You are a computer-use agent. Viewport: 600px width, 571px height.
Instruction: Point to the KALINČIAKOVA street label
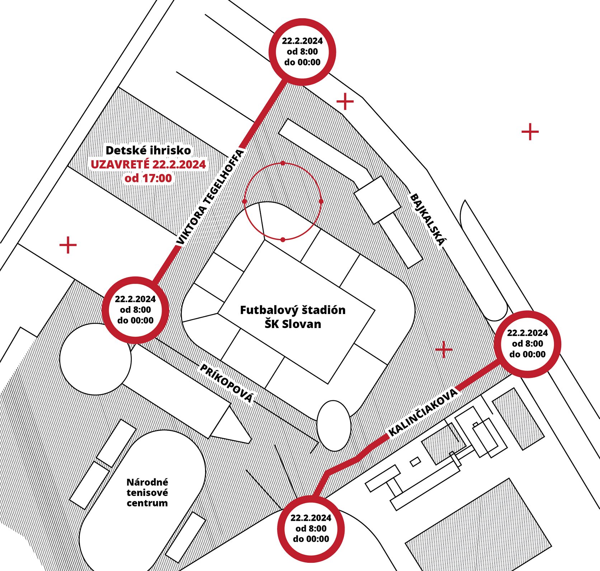tap(424, 412)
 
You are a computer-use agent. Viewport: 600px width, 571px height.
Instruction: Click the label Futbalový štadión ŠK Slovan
tap(293, 317)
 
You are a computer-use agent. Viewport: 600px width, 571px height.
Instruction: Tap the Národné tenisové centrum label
tap(147, 492)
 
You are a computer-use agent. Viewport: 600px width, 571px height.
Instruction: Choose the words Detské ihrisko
tap(148, 150)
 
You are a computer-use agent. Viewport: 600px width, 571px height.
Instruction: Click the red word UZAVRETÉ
tap(120, 164)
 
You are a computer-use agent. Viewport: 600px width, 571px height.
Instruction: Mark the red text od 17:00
tap(148, 178)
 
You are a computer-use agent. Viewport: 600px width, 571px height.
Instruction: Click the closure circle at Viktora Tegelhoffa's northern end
tap(302, 52)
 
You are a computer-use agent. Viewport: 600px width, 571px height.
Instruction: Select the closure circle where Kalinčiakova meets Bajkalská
tap(527, 344)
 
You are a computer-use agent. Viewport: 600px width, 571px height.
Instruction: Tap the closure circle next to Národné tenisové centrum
tap(311, 528)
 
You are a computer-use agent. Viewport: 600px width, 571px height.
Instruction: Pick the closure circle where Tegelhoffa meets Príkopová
tap(135, 310)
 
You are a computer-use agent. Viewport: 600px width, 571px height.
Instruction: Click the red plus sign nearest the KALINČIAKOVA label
tap(444, 349)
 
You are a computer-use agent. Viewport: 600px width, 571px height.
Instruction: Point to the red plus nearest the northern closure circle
tap(345, 102)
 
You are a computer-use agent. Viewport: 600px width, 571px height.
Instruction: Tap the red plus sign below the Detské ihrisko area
tap(68, 245)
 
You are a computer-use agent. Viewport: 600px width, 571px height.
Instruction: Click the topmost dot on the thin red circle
tap(283, 163)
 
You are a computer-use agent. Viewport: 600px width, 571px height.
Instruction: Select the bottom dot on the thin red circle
tap(283, 239)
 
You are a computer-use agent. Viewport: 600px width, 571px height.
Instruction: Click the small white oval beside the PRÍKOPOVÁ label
tap(334, 426)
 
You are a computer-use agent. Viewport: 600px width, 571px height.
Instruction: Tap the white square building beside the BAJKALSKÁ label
tap(377, 200)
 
